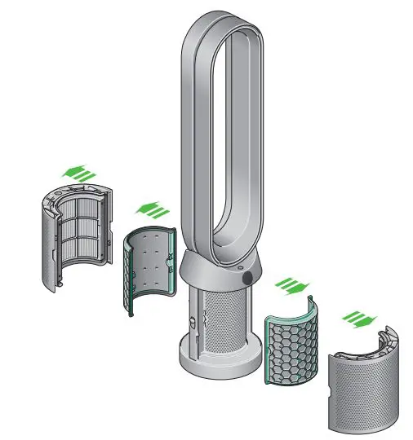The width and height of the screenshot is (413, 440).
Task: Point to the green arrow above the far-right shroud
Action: coord(356,316)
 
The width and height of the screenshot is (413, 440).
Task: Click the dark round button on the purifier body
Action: coord(246,279)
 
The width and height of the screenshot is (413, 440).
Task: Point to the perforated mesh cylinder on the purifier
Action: coord(228,321)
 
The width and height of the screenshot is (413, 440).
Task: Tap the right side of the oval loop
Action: coord(260,139)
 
